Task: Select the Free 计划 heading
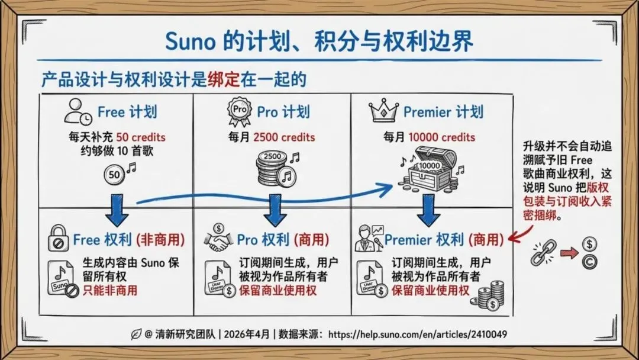(127, 111)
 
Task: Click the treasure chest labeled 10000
(428, 168)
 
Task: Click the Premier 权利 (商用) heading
(444, 239)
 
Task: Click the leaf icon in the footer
(135, 335)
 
